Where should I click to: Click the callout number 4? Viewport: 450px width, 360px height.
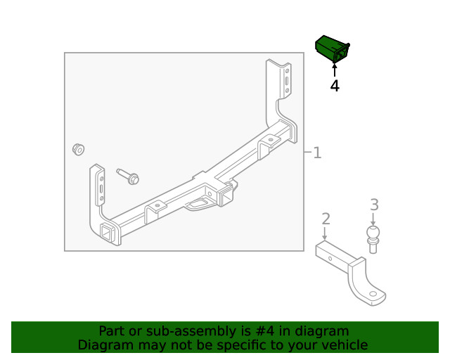pyautogui.click(x=335, y=86)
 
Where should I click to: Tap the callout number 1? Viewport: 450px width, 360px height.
pyautogui.click(x=318, y=153)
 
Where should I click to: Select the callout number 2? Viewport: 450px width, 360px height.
pyautogui.click(x=326, y=219)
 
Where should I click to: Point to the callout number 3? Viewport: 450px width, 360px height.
pyautogui.click(x=374, y=205)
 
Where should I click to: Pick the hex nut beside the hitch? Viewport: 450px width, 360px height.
pyautogui.click(x=79, y=149)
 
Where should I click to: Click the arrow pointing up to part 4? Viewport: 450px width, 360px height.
pyautogui.click(x=335, y=69)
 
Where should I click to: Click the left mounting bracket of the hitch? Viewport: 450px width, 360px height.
pyautogui.click(x=98, y=190)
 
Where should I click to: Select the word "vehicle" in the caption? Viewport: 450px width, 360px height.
pyautogui.click(x=344, y=345)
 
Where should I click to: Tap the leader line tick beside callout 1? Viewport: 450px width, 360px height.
pyautogui.click(x=307, y=153)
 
